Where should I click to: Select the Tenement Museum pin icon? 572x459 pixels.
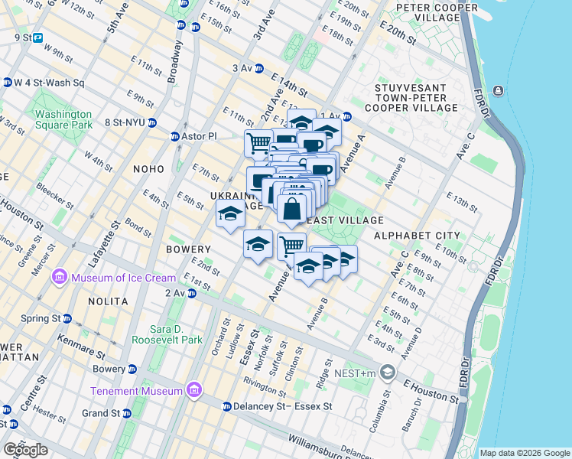(x=193, y=391)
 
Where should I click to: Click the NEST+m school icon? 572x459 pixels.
(x=388, y=373)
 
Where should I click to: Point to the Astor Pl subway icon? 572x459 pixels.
(x=175, y=137)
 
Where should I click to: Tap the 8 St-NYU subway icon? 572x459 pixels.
(x=152, y=122)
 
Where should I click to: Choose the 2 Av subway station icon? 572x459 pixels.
(x=193, y=293)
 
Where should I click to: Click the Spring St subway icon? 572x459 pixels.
(x=67, y=318)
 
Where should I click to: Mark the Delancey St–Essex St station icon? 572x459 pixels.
(x=226, y=406)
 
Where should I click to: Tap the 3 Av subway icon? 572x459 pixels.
(x=258, y=68)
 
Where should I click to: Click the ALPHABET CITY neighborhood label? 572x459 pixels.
(x=417, y=236)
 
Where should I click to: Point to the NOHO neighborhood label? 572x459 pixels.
(x=148, y=169)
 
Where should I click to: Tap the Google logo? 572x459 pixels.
(x=26, y=449)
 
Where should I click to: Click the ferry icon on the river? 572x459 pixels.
(x=499, y=91)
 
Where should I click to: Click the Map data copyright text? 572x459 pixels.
(x=525, y=453)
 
